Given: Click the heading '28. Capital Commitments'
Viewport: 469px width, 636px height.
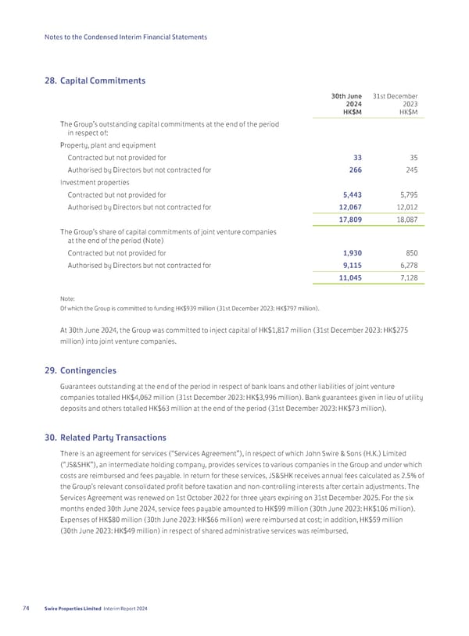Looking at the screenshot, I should pos(96,80).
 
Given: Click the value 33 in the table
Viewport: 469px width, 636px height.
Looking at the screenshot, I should pos(356,157).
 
